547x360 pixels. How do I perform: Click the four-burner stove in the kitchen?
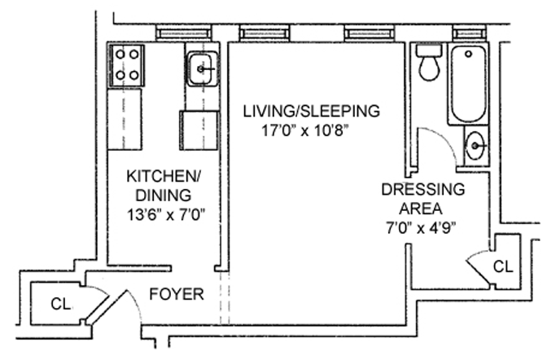click(127, 65)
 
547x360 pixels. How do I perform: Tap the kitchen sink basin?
click(202, 68)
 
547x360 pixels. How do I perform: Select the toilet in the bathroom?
click(429, 62)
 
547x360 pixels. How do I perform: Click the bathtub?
click(468, 84)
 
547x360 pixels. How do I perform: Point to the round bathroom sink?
click(475, 146)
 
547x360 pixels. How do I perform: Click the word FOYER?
click(177, 294)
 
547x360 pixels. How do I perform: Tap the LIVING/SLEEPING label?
click(311, 111)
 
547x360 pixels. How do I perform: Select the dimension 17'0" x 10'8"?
click(305, 131)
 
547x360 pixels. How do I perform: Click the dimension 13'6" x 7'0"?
click(165, 214)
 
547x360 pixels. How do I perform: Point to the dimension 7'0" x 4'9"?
click(422, 228)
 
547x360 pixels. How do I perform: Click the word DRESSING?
click(423, 189)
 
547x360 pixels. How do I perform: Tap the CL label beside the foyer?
click(61, 304)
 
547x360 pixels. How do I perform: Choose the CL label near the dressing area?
click(503, 267)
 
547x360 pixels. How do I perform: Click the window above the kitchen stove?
click(183, 34)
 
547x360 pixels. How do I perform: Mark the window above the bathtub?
click(469, 34)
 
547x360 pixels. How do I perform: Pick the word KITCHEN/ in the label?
click(164, 176)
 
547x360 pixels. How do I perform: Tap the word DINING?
click(164, 195)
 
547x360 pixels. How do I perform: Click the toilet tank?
click(430, 50)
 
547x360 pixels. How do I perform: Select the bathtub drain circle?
click(469, 54)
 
